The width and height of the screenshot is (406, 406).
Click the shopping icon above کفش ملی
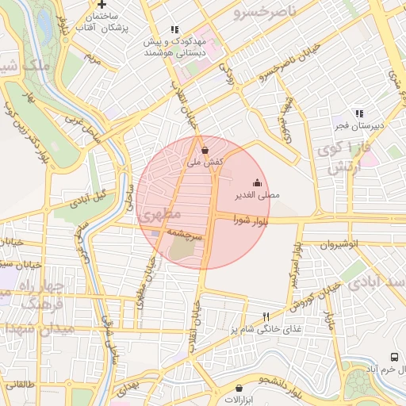(205, 149)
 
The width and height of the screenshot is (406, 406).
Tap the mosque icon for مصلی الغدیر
(256, 182)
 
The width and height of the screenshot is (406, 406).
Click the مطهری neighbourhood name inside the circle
(160, 214)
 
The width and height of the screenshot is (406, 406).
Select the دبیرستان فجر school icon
(358, 113)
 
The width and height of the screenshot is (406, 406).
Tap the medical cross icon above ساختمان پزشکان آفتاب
(101, 4)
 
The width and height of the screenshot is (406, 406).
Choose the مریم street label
(94, 59)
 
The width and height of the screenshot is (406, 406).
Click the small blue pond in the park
(44, 26)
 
